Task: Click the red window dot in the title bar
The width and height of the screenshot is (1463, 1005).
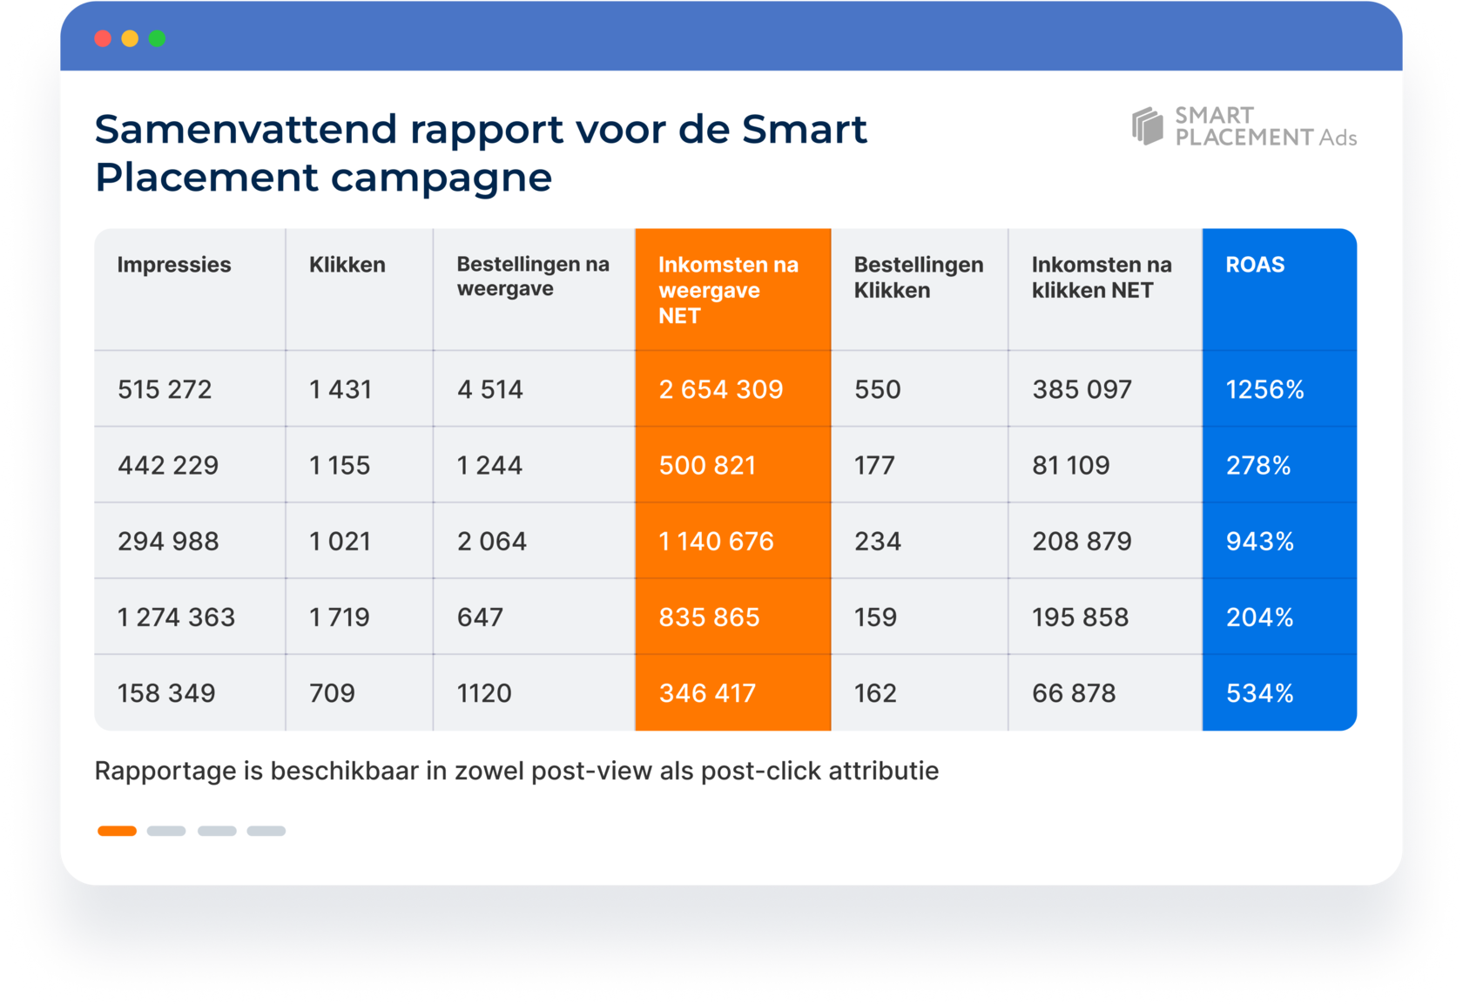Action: point(103,38)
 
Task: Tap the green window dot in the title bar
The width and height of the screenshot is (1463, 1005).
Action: point(158,38)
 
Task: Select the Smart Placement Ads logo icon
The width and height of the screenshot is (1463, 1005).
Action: point(1147,126)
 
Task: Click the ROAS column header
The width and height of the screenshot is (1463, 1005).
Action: point(1255,265)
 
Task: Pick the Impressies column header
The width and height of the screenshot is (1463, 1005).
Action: point(174,265)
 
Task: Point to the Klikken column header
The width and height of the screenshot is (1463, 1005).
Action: point(347,265)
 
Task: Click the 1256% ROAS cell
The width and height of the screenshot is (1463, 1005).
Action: point(1264,389)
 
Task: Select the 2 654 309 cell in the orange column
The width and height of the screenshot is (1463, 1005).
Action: point(721,389)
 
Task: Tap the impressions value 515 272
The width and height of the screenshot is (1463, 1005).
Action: point(165,389)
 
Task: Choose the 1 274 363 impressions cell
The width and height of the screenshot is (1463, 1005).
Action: point(176,617)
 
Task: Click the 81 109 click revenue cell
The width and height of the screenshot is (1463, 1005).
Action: point(1070,465)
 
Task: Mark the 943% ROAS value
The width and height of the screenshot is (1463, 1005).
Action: point(1259,542)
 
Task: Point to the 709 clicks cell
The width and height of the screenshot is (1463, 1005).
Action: point(332,693)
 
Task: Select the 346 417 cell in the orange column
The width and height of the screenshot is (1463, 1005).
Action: point(707,693)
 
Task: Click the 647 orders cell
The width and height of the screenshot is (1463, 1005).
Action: point(480,617)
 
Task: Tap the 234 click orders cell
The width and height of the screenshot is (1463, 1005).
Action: point(877,542)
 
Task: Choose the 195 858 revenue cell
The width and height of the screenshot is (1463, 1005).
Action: point(1080,617)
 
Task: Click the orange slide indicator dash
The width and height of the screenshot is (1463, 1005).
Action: point(117,831)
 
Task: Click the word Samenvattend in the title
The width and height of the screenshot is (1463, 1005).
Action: point(246,130)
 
